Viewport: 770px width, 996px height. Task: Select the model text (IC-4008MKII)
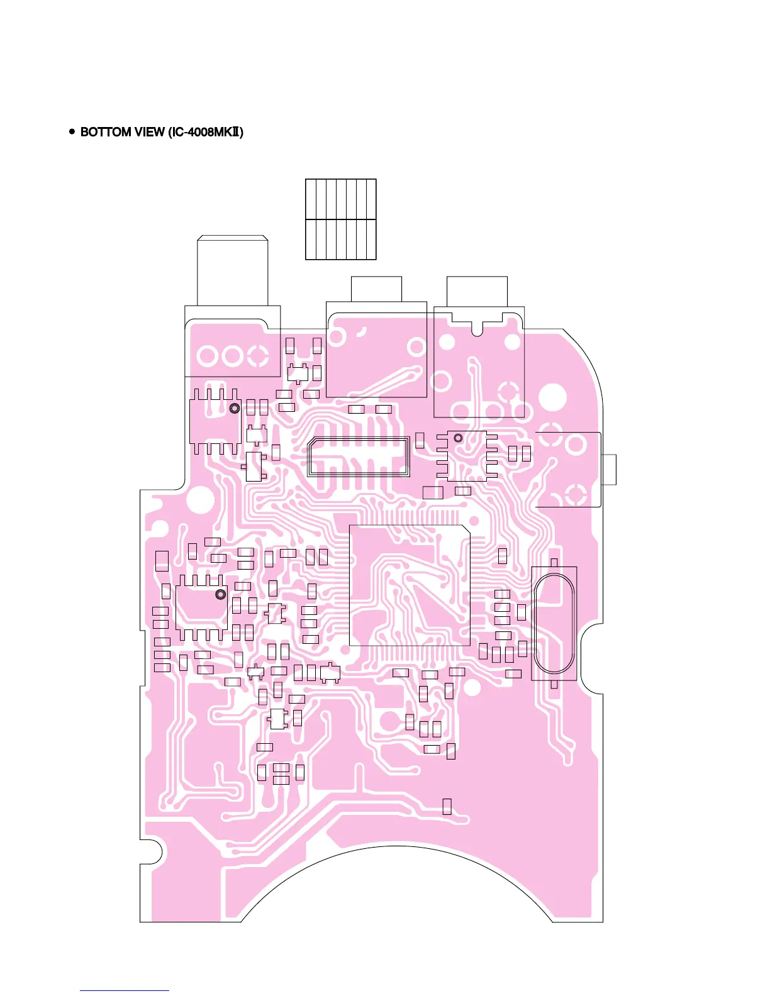click(x=206, y=132)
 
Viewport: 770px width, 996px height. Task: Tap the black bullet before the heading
click(x=72, y=132)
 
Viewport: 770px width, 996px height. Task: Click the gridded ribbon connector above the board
click(x=340, y=219)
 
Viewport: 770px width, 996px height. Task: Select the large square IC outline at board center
click(x=410, y=585)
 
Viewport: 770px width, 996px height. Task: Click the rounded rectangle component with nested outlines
click(x=359, y=456)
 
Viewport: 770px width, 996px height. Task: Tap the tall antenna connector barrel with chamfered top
click(x=233, y=271)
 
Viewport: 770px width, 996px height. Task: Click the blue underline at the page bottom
click(x=125, y=991)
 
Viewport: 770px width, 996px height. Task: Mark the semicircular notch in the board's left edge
click(x=153, y=852)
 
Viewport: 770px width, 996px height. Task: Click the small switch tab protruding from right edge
click(x=609, y=469)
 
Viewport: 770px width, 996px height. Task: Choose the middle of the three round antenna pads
click(x=232, y=357)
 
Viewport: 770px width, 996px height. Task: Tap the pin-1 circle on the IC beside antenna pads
click(x=234, y=408)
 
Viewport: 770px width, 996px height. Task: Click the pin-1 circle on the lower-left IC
click(x=220, y=594)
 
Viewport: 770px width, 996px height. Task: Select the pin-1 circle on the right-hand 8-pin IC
click(x=458, y=437)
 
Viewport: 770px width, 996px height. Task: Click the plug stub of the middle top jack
click(x=376, y=289)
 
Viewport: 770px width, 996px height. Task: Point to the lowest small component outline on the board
click(x=447, y=806)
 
